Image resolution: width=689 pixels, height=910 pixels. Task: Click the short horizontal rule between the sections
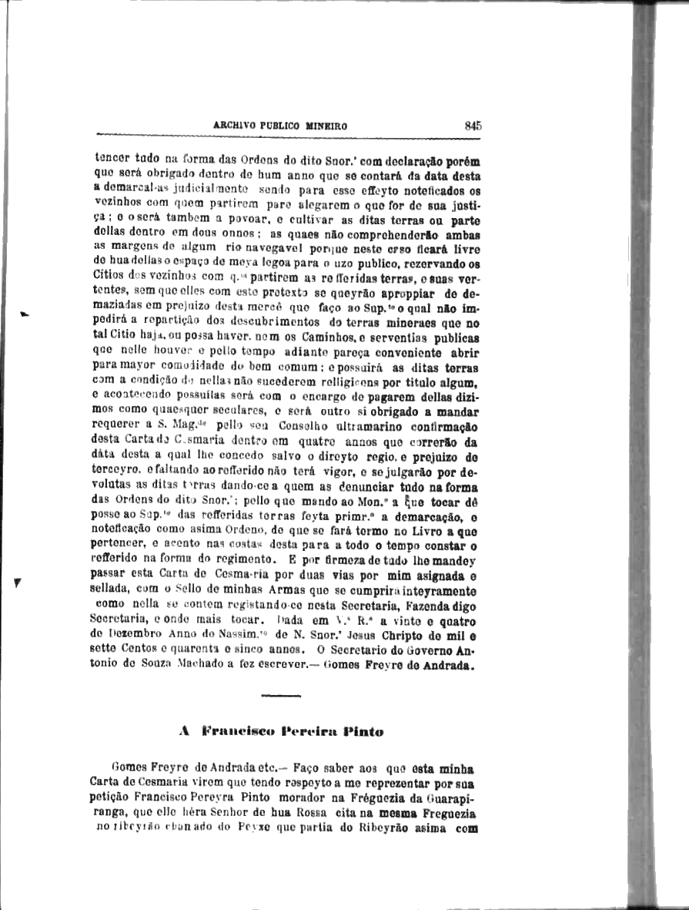click(x=281, y=696)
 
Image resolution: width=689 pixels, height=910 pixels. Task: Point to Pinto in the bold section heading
click(x=364, y=731)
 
